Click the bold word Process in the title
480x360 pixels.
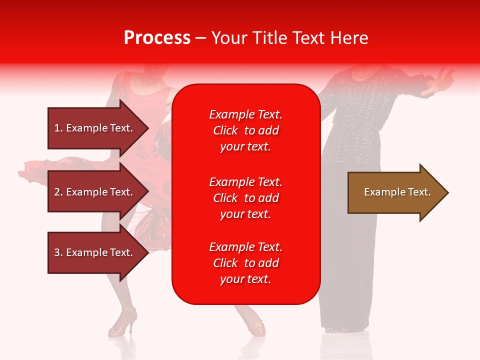pyautogui.click(x=157, y=38)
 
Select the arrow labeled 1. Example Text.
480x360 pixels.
pyautogui.click(x=95, y=128)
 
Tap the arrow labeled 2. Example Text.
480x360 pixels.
pyautogui.click(x=95, y=192)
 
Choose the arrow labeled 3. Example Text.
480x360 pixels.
pyautogui.click(x=95, y=252)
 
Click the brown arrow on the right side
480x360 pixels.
pyautogui.click(x=395, y=192)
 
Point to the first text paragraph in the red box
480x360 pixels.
pyautogui.click(x=245, y=130)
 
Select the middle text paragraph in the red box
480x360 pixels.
pyautogui.click(x=245, y=198)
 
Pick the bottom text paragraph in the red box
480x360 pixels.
pyautogui.click(x=245, y=263)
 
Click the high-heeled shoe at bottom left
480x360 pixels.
pyautogui.click(x=123, y=321)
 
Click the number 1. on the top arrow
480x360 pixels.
pyautogui.click(x=58, y=128)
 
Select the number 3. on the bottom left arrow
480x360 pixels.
pyautogui.click(x=58, y=252)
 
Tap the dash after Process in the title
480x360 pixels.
pyautogui.click(x=200, y=38)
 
